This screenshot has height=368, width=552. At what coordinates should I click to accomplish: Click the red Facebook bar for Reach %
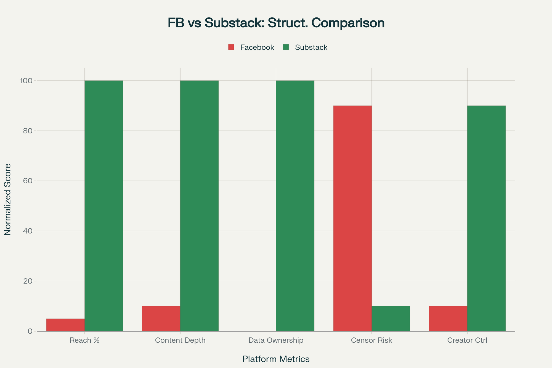pos(65,325)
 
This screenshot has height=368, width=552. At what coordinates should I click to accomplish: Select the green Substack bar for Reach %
pos(104,206)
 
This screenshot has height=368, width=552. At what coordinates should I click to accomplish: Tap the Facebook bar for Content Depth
pos(161,319)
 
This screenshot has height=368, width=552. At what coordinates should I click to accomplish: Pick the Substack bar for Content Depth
pos(200,206)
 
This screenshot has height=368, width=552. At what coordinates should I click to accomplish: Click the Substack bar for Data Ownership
pos(295,206)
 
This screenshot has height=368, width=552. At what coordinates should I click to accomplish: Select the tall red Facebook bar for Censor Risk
pos(352,218)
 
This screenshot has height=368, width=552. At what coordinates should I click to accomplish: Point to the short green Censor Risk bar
pos(391,319)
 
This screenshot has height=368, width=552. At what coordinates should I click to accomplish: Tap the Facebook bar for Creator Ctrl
pos(448,319)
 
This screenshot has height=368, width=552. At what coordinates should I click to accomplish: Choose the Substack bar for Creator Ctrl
pos(487,218)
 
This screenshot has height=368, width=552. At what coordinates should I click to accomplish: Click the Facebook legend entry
pos(251,47)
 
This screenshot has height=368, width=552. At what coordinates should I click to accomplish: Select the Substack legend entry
pos(305,47)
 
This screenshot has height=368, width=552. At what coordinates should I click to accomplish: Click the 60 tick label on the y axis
pos(28,181)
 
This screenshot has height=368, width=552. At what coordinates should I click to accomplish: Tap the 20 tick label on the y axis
pos(28,281)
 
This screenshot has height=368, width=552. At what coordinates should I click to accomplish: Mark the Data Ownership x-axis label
pos(276,340)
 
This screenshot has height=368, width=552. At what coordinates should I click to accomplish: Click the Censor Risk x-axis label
pos(371,340)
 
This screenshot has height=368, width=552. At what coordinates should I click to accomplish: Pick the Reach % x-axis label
pos(84,340)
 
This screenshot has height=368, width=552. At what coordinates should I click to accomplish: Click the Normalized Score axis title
pos(8,200)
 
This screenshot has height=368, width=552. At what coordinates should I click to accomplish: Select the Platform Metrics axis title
pos(276,359)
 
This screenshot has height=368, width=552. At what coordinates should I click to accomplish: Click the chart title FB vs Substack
pos(276,23)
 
